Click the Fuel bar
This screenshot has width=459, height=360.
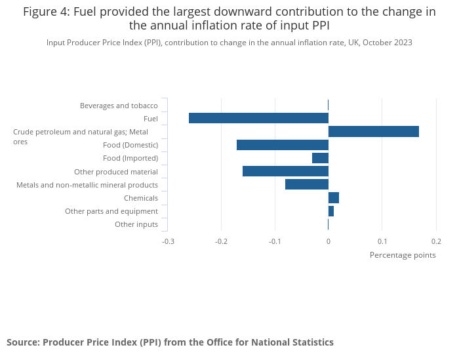click(258, 118)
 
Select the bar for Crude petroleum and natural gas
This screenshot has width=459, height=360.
click(373, 132)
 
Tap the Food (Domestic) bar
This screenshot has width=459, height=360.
click(282, 145)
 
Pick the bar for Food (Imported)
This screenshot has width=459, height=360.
click(320, 158)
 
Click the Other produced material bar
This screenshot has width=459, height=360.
click(285, 171)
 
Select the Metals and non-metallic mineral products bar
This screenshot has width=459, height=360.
click(306, 184)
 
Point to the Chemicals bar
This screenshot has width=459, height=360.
click(334, 198)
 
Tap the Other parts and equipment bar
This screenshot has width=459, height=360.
click(331, 211)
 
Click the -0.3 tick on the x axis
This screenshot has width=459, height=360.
click(169, 241)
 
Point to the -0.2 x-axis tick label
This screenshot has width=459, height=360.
click(222, 241)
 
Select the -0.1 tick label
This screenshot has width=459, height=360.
click(275, 241)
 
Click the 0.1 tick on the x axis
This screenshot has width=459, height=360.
click(382, 241)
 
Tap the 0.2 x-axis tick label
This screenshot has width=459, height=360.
click(436, 241)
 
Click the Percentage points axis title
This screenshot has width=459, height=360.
click(403, 255)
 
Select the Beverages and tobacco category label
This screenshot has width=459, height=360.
click(119, 106)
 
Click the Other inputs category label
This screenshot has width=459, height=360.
click(136, 224)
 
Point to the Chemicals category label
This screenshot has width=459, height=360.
click(141, 198)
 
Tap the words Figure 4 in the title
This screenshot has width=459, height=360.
click(47, 12)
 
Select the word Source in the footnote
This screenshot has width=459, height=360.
click(22, 342)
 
